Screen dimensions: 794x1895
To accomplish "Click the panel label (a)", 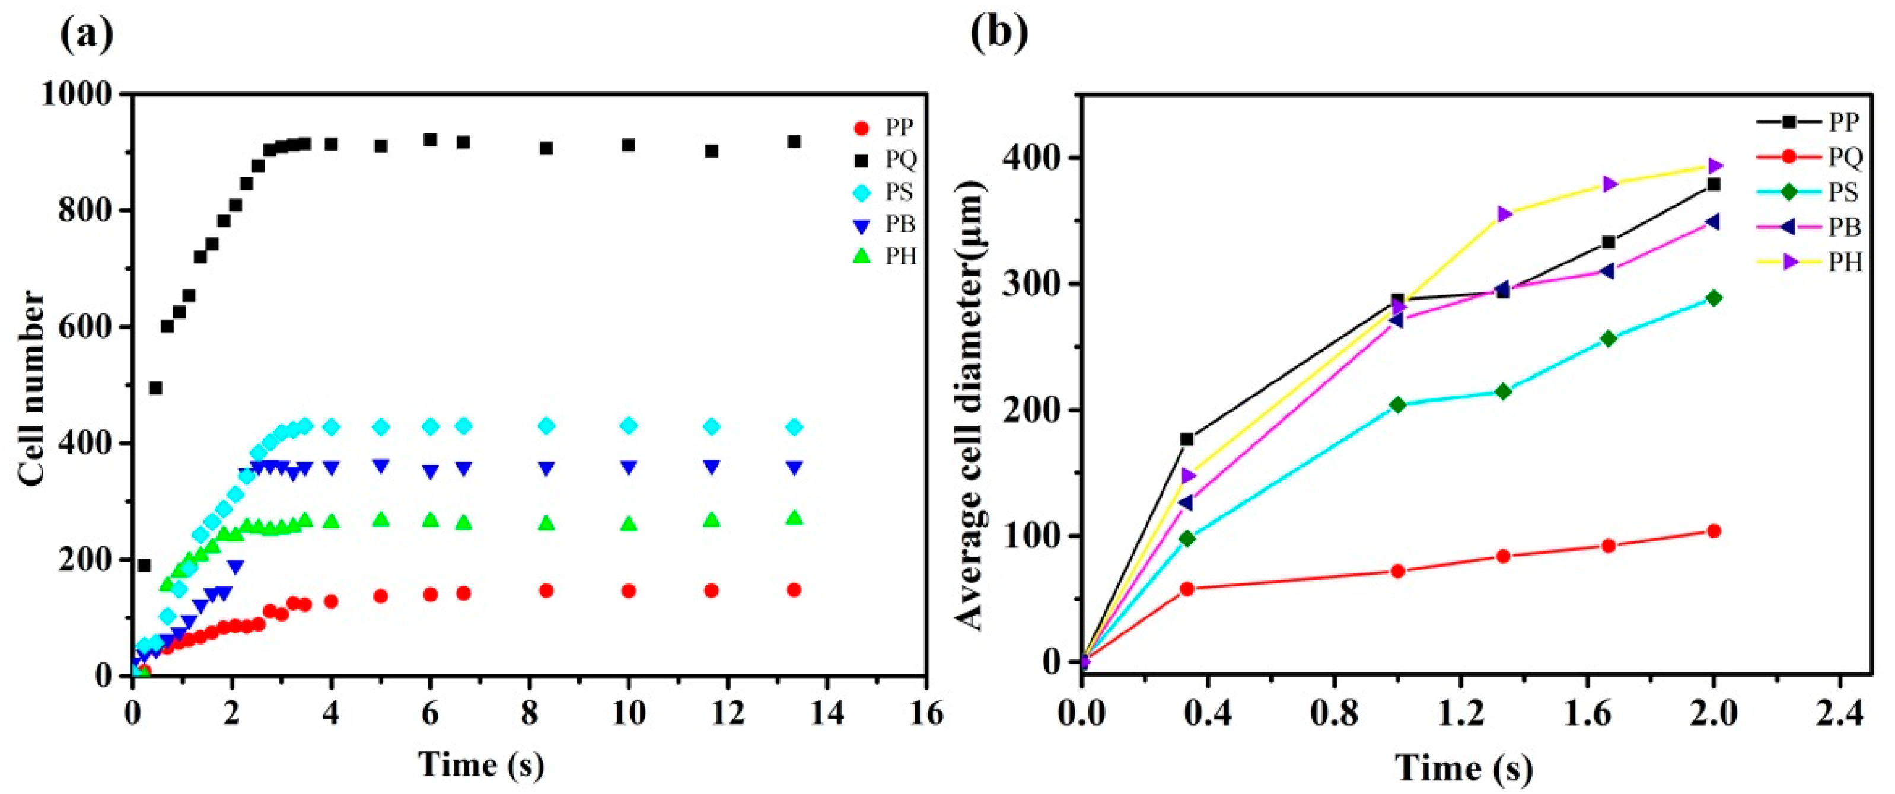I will point(86,33).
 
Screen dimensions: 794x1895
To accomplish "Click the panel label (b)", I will point(998,33).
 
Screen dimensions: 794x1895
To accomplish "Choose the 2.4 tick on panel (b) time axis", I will point(1839,714).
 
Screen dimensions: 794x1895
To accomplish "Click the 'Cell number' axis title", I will point(33,388).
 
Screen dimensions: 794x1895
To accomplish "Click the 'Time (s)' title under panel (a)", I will point(482,764).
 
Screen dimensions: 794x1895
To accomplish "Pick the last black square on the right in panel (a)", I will point(793,141).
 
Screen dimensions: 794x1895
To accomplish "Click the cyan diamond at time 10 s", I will point(628,426).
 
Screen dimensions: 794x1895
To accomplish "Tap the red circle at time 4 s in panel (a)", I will point(331,601).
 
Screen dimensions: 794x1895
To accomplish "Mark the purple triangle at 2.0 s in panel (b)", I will point(1714,165).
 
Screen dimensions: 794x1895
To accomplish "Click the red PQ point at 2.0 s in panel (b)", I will point(1714,531).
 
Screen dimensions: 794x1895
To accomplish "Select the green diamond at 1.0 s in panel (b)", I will point(1398,405).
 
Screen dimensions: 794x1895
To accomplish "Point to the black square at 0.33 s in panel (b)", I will point(1187,439).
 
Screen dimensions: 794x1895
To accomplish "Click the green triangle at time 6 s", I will point(431,520).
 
